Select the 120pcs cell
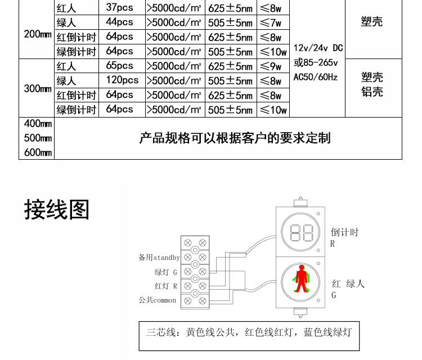122,80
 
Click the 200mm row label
38,34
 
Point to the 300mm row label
38,88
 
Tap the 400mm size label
38,124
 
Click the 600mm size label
38,152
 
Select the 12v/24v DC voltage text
318,48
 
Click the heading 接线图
57,209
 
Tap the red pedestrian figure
301,278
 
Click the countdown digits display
302,233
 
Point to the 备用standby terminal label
159,258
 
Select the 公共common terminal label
157,300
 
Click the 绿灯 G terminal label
166,272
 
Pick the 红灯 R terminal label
166,286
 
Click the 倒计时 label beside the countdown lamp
345,232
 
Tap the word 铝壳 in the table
372,92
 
